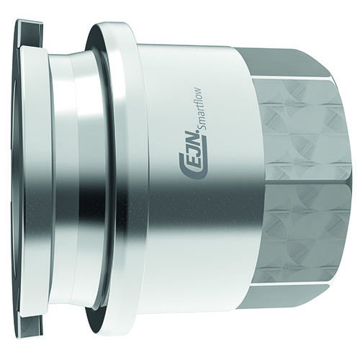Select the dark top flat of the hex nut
tap(282, 63)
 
